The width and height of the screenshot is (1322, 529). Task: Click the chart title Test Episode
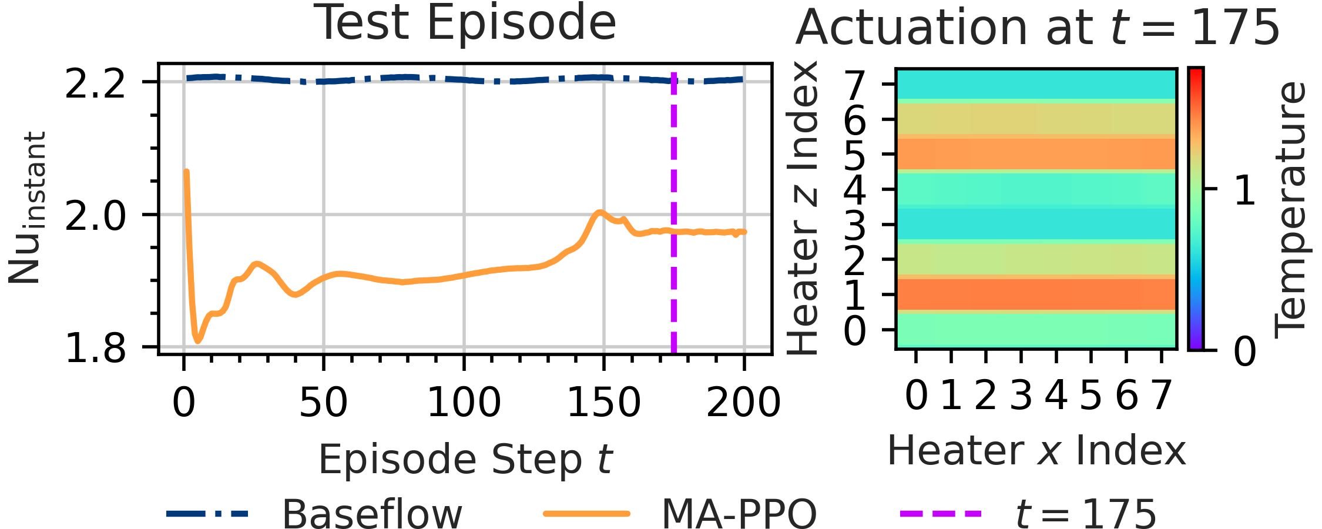click(466, 24)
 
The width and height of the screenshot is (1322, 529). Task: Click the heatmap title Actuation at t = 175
click(1037, 28)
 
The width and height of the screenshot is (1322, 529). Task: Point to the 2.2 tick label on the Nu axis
click(95, 83)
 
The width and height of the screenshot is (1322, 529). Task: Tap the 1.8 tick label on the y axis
click(95, 347)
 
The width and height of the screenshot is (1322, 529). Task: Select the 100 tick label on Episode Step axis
click(464, 403)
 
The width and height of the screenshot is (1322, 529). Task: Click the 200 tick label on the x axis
click(744, 403)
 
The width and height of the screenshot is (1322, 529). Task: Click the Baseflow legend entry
click(314, 514)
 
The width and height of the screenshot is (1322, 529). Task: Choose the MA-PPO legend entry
click(680, 514)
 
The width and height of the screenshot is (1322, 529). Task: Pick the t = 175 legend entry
click(1028, 514)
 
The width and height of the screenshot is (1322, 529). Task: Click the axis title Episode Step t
click(465, 459)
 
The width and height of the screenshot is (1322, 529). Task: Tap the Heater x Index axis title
click(1036, 451)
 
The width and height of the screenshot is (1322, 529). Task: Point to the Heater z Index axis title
click(803, 208)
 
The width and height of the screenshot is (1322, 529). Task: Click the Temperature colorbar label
click(1290, 210)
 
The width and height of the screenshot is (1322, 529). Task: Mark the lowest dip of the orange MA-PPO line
click(197, 340)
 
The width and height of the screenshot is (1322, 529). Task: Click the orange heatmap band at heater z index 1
click(1036, 294)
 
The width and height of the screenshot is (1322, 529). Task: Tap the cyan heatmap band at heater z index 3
click(1036, 224)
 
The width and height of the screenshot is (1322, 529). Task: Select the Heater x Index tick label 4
click(1056, 395)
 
